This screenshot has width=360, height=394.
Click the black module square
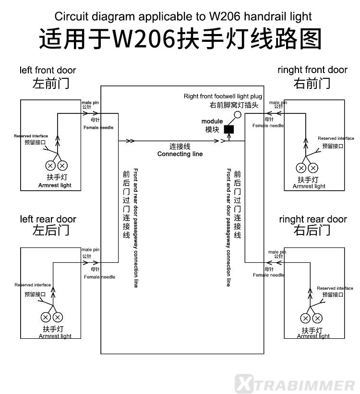pyautogui.click(x=228, y=129)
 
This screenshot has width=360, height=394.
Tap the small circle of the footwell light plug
pyautogui.click(x=238, y=115)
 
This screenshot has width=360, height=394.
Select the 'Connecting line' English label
pyautogui.click(x=180, y=154)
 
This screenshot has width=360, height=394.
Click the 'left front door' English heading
pyautogui.click(x=48, y=70)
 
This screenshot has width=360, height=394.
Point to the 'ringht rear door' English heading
pyautogui.click(x=313, y=220)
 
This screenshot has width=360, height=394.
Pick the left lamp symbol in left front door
pyautogui.click(x=50, y=166)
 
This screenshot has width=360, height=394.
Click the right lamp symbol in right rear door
pyautogui.click(x=317, y=319)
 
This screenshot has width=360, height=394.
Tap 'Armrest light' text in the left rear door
pyautogui.click(x=55, y=336)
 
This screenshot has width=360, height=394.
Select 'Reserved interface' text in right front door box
pyautogui.click(x=336, y=138)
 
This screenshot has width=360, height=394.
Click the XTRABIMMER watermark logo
pyautogui.click(x=295, y=383)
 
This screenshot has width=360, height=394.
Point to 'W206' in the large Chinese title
pyautogui.click(x=144, y=39)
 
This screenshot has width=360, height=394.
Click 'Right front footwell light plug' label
pyautogui.click(x=223, y=96)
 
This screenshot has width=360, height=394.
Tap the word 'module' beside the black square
pyautogui.click(x=212, y=121)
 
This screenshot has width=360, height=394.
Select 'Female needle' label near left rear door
pyautogui.click(x=100, y=277)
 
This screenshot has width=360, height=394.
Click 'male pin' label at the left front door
pyautogui.click(x=90, y=102)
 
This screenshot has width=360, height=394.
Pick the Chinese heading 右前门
pyautogui.click(x=312, y=84)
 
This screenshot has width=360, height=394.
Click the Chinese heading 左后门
pyautogui.click(x=51, y=230)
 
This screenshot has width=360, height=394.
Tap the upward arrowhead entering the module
pyautogui.click(x=229, y=136)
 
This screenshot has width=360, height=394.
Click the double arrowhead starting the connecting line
pyautogui.click(x=130, y=141)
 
